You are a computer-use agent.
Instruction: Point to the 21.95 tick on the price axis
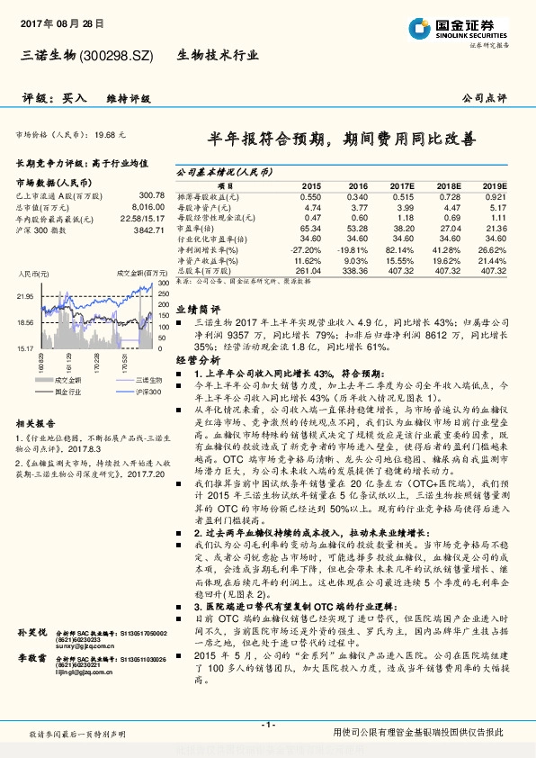25,295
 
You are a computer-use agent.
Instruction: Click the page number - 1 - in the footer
267,725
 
